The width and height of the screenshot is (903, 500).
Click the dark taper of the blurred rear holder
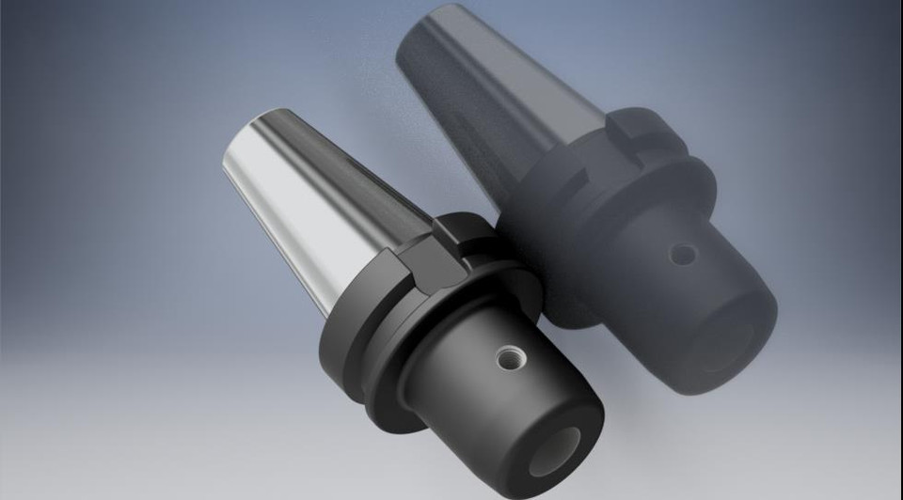pos(489,94)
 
